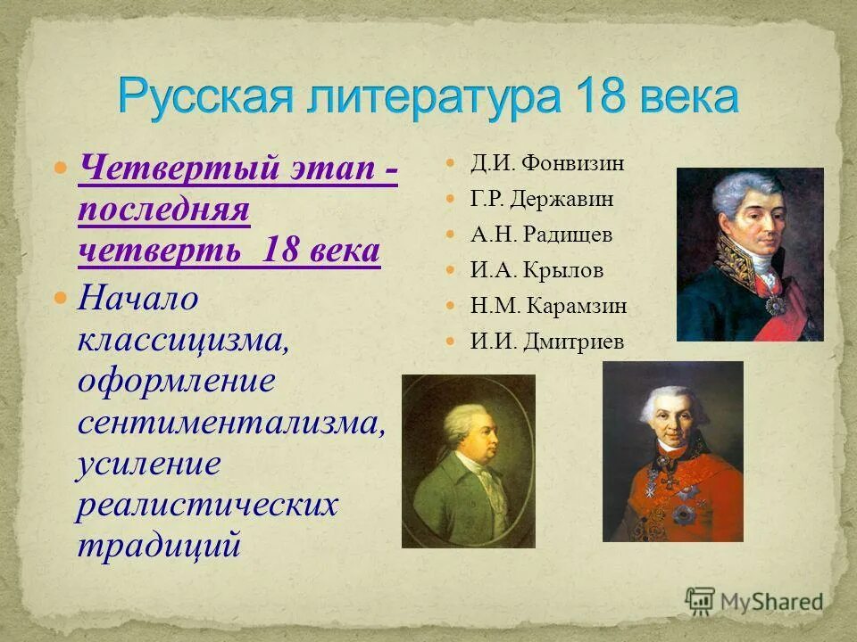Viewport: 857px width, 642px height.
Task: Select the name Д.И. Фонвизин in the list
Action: pyautogui.click(x=547, y=163)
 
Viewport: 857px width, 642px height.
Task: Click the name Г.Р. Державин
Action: pyautogui.click(x=542, y=199)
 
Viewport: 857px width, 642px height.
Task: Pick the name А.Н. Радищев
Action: pyautogui.click(x=541, y=235)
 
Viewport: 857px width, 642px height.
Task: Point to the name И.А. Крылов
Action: pyautogui.click(x=537, y=270)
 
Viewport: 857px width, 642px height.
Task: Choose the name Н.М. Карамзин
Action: pyautogui.click(x=548, y=306)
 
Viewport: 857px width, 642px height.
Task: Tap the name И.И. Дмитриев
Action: pyautogui.click(x=547, y=342)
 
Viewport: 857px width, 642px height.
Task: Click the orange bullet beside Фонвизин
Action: pyautogui.click(x=452, y=164)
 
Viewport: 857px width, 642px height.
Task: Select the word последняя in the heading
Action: pyautogui.click(x=163, y=210)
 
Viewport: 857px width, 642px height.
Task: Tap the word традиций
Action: pyautogui.click(x=159, y=544)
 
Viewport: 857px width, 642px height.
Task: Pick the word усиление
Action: pyautogui.click(x=148, y=464)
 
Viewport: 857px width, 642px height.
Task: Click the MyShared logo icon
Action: pyautogui.click(x=701, y=601)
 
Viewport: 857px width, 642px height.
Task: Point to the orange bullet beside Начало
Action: pyautogui.click(x=61, y=298)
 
